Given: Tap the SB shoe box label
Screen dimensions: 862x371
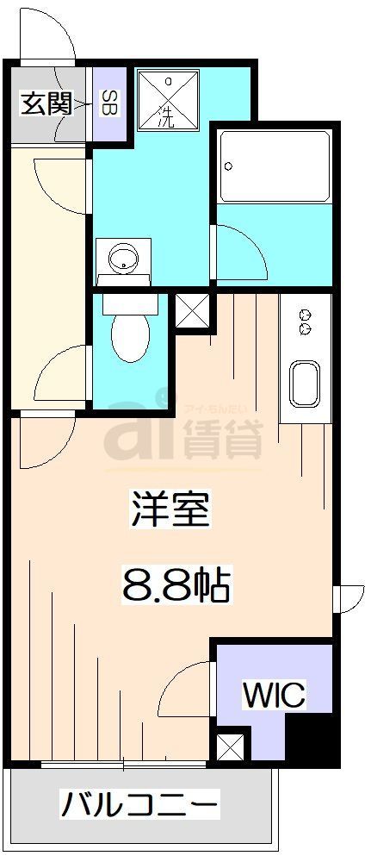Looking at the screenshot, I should pyautogui.click(x=111, y=104).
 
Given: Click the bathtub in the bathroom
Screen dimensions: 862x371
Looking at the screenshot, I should pyautogui.click(x=274, y=166).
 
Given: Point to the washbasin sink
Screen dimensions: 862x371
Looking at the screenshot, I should pyautogui.click(x=125, y=257).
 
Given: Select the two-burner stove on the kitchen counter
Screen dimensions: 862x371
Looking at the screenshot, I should pyautogui.click(x=304, y=322).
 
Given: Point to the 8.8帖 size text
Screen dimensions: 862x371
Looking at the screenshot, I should pyautogui.click(x=172, y=585).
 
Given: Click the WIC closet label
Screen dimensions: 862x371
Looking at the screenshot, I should pyautogui.click(x=274, y=694).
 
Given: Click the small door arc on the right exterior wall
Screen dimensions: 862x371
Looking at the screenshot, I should pyautogui.click(x=349, y=598).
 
